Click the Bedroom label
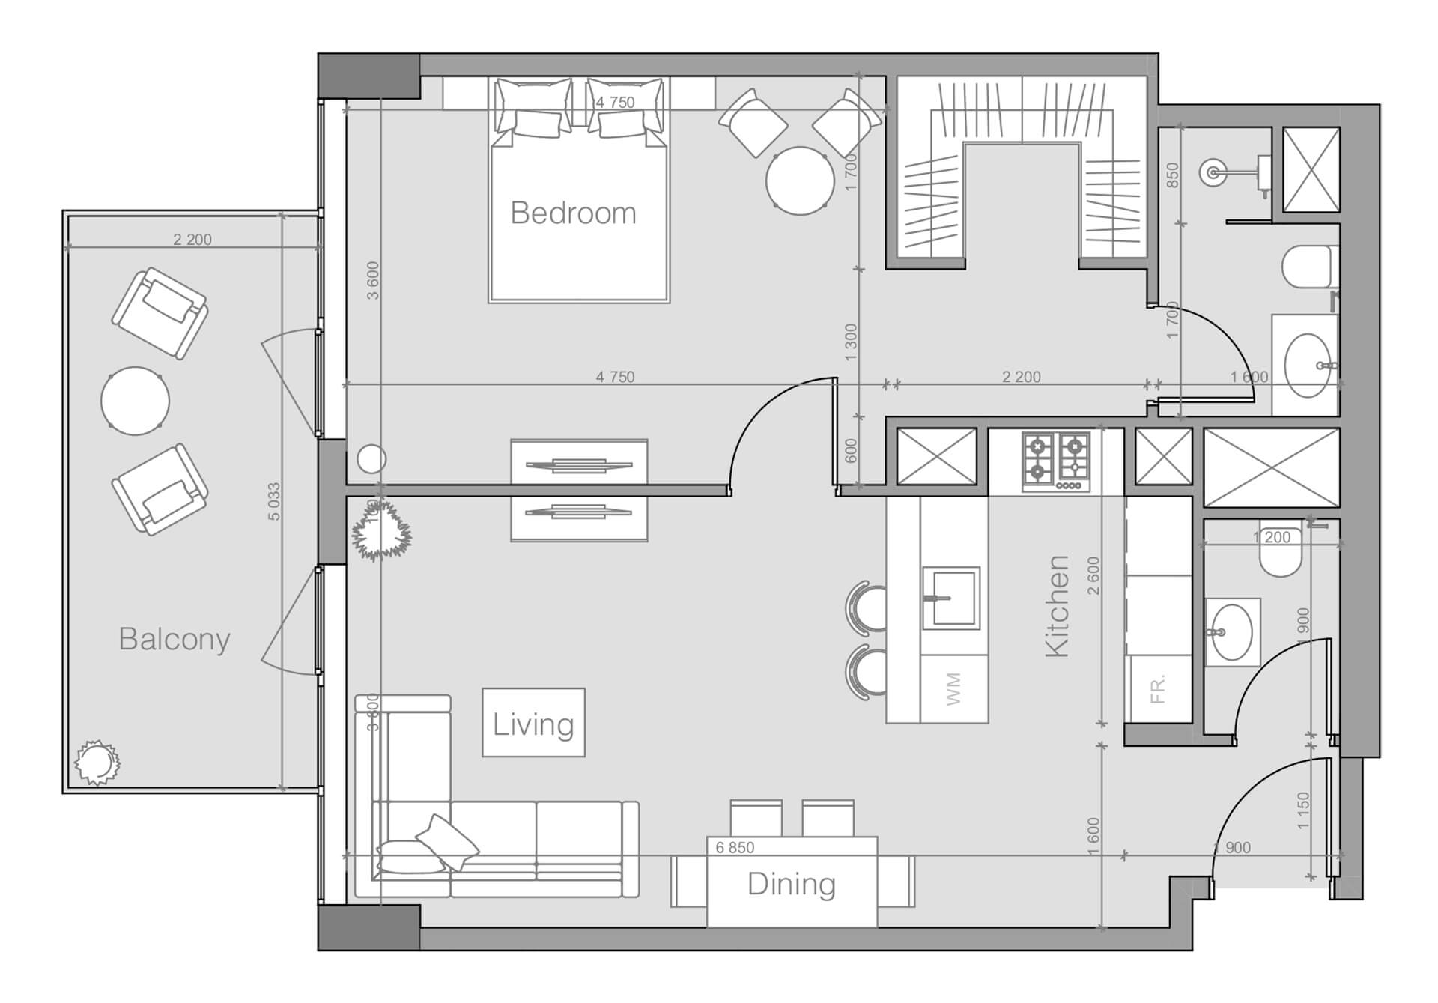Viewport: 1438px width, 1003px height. [x=573, y=213]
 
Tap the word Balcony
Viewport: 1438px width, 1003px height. [x=174, y=640]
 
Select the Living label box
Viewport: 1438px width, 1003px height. [x=533, y=723]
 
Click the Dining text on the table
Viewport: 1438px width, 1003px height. [x=791, y=885]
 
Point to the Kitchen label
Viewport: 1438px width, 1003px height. [x=1056, y=606]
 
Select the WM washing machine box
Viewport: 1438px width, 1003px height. [x=953, y=688]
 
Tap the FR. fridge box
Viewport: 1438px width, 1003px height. [x=1158, y=688]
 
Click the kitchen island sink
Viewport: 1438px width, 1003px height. [x=951, y=598]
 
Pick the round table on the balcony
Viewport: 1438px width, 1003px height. [x=135, y=401]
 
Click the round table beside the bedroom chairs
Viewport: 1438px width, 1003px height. [x=800, y=181]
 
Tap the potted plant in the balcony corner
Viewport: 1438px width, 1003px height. [x=97, y=763]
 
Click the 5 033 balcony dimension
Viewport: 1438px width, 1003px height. [x=274, y=502]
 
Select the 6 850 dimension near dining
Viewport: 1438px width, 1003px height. [x=735, y=847]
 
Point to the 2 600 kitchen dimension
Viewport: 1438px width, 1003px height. [x=1093, y=575]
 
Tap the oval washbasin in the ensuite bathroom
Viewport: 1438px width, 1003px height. [x=1307, y=365]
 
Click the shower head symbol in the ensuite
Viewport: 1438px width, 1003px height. [x=1213, y=173]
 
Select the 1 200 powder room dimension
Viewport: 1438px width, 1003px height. [x=1272, y=537]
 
